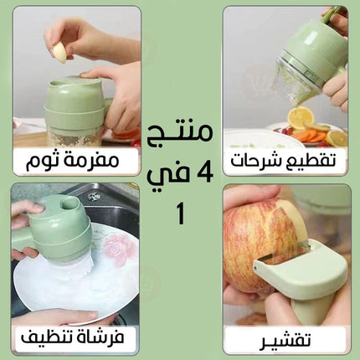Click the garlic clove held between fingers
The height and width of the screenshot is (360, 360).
(61, 53)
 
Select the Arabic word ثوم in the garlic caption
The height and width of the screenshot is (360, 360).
(44, 161)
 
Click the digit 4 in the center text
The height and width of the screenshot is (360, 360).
(204, 172)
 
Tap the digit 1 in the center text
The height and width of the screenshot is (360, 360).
(180, 214)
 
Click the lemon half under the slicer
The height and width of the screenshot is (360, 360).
(301, 117)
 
